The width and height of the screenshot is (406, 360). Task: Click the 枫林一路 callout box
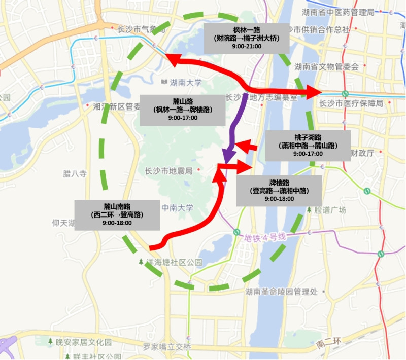(x=246, y=38)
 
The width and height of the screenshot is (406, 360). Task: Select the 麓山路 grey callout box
(x=183, y=109)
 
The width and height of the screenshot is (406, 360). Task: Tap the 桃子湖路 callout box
(x=308, y=146)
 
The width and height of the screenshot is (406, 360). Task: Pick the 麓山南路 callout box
(x=117, y=214)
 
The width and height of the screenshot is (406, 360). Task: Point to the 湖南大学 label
(x=186, y=82)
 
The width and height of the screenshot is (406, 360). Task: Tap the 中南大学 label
(x=177, y=208)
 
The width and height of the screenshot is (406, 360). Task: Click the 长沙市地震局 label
(x=169, y=171)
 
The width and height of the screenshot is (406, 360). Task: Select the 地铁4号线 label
(x=265, y=237)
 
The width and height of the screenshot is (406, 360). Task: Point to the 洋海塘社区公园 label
(x=174, y=263)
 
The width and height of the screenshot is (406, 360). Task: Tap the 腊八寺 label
(x=75, y=174)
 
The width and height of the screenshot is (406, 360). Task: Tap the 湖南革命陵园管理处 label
(x=281, y=292)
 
